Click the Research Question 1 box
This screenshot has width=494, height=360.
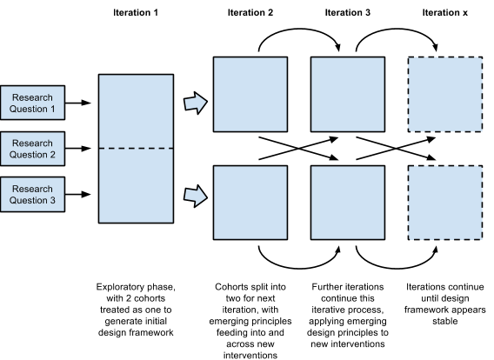click(x=32, y=103)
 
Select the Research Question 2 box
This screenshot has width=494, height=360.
click(x=32, y=149)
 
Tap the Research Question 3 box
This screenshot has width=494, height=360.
click(x=32, y=194)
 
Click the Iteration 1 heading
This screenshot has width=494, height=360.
click(x=136, y=12)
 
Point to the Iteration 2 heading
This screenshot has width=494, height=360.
click(x=250, y=12)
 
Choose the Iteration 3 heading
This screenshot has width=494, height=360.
click(x=348, y=12)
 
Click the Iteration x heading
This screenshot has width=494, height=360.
click(x=444, y=12)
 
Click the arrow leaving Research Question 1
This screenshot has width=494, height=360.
click(x=78, y=103)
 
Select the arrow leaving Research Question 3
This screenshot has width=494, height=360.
click(x=78, y=194)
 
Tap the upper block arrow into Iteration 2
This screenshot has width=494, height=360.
click(x=196, y=103)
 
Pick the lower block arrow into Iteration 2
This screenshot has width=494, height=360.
click(x=196, y=196)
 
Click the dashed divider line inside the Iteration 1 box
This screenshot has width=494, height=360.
click(x=136, y=149)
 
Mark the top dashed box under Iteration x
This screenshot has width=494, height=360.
click(x=444, y=94)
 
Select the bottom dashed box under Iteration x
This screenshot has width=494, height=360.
click(x=444, y=203)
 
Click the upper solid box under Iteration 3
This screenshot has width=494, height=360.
click(x=348, y=94)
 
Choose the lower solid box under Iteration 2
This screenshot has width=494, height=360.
click(x=250, y=203)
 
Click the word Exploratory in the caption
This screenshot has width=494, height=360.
click(x=117, y=287)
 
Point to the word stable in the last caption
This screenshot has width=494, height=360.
click(x=444, y=321)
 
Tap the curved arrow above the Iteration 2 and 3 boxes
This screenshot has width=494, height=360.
click(x=299, y=29)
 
